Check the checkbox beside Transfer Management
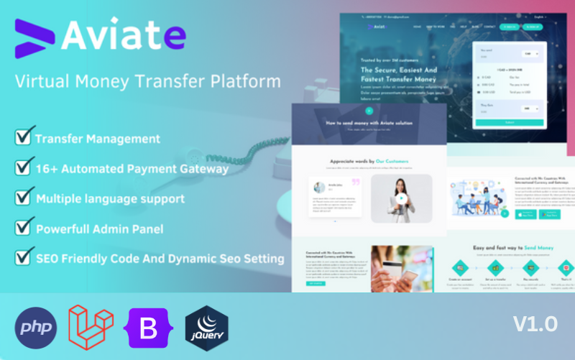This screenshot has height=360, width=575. pos(24,137)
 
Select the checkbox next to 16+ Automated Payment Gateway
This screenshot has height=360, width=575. pos(24,168)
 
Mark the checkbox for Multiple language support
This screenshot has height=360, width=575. pos(24,198)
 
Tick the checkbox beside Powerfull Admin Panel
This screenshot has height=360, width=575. pos(24,228)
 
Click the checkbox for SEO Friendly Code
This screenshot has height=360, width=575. pos(24,257)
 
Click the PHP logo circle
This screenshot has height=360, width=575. pos(36,326)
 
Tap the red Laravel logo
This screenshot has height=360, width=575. pos(91,325)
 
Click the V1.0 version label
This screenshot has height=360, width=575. pos(535,324)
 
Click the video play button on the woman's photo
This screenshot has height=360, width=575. pos(402,199)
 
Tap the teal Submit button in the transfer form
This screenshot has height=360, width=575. pos(510,123)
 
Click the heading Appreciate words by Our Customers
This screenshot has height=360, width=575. pos(369,162)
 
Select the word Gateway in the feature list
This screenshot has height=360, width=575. pos(204,169)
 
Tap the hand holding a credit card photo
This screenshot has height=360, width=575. pos(402,268)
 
